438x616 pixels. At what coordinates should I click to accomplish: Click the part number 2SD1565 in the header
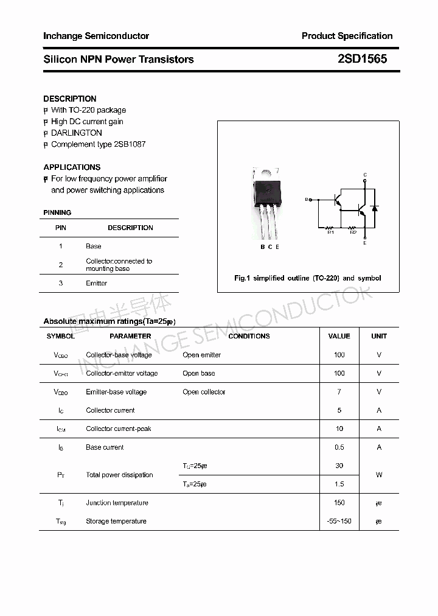pyautogui.click(x=362, y=59)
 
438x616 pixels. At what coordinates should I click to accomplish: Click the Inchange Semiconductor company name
pyautogui.click(x=96, y=36)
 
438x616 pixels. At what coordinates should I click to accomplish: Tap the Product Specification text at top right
pyautogui.click(x=347, y=36)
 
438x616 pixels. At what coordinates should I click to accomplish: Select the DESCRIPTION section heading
pyautogui.click(x=70, y=99)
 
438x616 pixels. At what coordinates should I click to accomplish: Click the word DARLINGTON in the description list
pyautogui.click(x=77, y=133)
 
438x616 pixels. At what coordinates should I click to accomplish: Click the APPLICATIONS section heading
pyautogui.click(x=72, y=167)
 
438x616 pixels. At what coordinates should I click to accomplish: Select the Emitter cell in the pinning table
pyautogui.click(x=96, y=283)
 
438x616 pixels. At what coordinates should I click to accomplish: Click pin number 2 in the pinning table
pyautogui.click(x=61, y=265)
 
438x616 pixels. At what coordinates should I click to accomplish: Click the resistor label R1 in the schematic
pyautogui.click(x=331, y=232)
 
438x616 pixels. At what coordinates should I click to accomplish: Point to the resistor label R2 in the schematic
pyautogui.click(x=353, y=232)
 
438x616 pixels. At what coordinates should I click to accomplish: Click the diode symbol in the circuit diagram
pyautogui.click(x=375, y=208)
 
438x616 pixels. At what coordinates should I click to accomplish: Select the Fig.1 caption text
pyautogui.click(x=308, y=278)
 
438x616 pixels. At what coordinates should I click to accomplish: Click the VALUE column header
pyautogui.click(x=339, y=336)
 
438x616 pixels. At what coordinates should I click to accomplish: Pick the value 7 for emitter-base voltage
pyautogui.click(x=339, y=392)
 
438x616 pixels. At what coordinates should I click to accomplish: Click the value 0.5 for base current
pyautogui.click(x=339, y=447)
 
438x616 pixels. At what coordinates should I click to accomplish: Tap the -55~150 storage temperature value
pyautogui.click(x=339, y=521)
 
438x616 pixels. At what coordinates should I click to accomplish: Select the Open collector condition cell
pyautogui.click(x=204, y=392)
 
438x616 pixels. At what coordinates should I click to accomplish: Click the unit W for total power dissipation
pyautogui.click(x=379, y=475)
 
